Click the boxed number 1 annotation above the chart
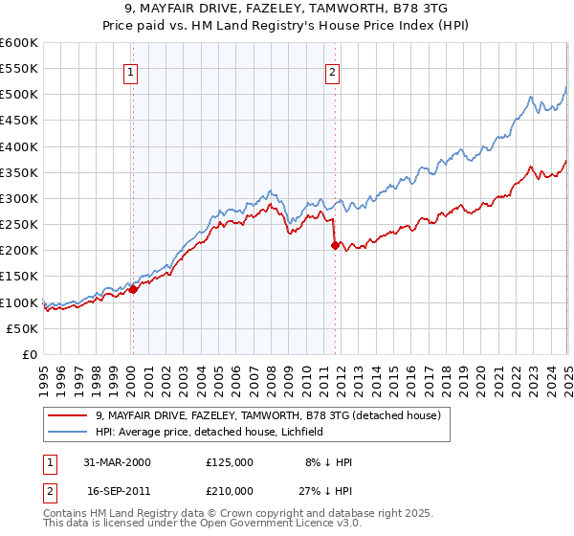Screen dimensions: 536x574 [129, 69]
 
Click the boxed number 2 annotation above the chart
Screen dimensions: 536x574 [331, 69]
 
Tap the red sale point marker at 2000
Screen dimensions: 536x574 [134, 290]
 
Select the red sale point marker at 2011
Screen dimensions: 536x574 [335, 246]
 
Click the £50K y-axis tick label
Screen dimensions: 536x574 [22, 328]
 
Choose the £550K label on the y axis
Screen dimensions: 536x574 [18, 70]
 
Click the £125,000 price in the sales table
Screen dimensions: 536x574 [230, 461]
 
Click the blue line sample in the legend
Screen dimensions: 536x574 [68, 432]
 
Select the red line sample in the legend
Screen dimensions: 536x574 [68, 415]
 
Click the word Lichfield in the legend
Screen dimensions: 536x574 [300, 432]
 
